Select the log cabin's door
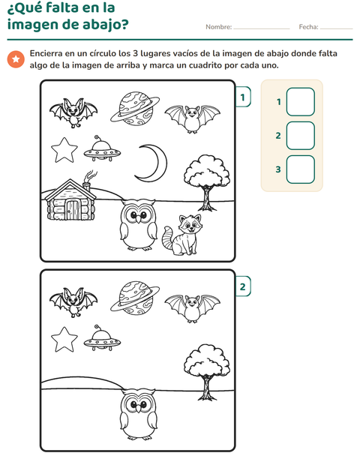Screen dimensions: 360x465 pos(73,210)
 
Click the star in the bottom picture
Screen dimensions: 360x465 pos(64,339)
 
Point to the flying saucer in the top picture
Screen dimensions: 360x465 pos(102,150)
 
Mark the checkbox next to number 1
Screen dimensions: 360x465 pos(301,102)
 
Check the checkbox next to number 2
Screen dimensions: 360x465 pos(301,136)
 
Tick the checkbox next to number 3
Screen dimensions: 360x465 pos(301,169)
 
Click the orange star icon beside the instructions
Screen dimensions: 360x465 pos(16,59)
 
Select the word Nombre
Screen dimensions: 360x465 pos(218,27)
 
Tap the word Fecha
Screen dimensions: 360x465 pos(308,27)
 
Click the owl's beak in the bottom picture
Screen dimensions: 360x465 pos(138,409)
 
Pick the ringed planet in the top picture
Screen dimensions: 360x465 pos(135,107)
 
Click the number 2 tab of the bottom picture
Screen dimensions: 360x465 pos(243,286)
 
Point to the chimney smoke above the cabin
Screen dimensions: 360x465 pos(91,176)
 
